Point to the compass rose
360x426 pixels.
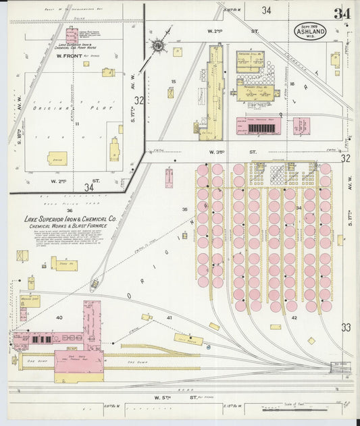point(159,46)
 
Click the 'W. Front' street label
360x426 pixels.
point(68,66)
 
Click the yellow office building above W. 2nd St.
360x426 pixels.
point(57,158)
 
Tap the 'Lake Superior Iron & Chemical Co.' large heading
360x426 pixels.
point(71,219)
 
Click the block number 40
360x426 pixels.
point(59,317)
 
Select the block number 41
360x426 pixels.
point(170,317)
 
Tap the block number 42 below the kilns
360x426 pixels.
point(294,317)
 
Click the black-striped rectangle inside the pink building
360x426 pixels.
point(259,127)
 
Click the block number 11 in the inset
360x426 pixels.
point(78,124)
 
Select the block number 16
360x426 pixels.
point(292,84)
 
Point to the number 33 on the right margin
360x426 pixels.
point(346,327)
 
